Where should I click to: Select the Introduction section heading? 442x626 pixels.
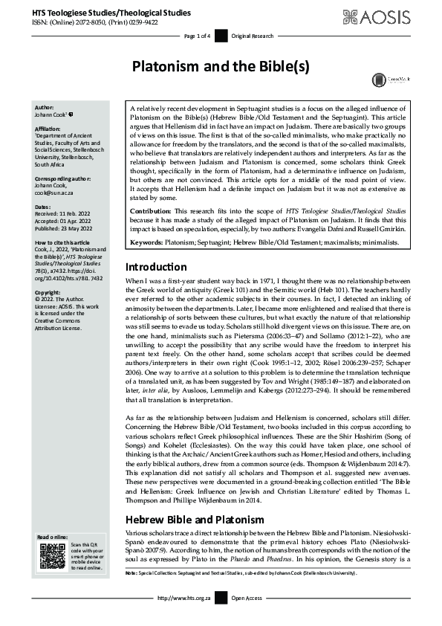coord(156,204)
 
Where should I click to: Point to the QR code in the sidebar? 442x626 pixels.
coord(53,556)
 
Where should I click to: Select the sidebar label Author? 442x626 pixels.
coord(45,109)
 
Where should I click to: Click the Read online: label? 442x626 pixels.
coord(53,538)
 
